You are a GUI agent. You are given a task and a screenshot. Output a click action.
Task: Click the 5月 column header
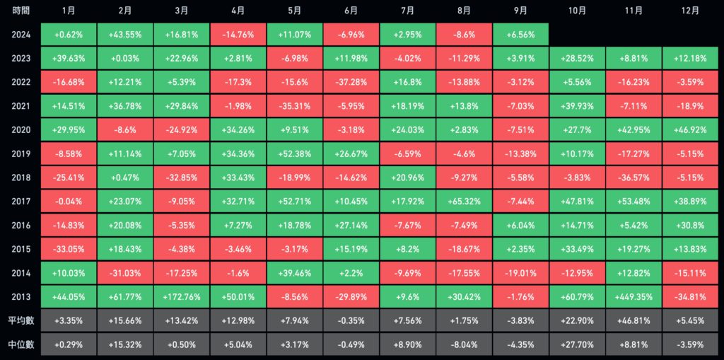(x=295, y=11)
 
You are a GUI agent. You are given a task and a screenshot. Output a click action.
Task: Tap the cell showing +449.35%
(x=634, y=297)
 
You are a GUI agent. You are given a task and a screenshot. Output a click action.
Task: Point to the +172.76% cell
(x=182, y=297)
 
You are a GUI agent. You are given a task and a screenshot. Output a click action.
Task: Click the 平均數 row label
(x=20, y=321)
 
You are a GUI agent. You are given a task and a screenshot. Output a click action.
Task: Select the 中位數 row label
(x=20, y=345)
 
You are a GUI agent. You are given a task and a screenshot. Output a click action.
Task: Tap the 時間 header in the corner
(x=20, y=11)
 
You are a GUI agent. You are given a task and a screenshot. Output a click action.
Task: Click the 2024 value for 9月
(x=521, y=35)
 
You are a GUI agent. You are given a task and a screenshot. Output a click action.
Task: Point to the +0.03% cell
(x=125, y=59)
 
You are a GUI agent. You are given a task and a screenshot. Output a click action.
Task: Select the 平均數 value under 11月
(x=634, y=321)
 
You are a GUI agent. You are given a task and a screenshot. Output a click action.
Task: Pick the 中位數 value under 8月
(x=465, y=345)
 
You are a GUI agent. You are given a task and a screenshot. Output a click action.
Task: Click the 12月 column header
(x=691, y=11)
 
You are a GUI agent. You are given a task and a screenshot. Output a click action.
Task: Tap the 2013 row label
(x=20, y=297)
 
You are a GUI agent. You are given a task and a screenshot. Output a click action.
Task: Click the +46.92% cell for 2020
(x=691, y=130)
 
